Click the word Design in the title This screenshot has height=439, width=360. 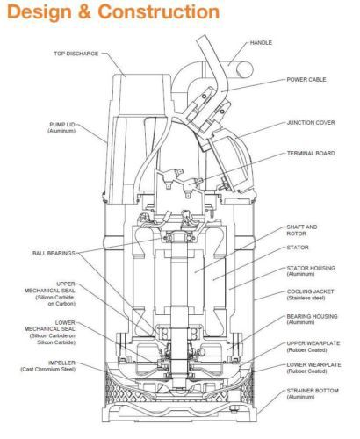click(40, 12)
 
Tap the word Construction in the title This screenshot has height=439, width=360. click(159, 12)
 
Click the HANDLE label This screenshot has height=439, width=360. click(261, 43)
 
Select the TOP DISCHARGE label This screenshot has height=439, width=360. click(76, 54)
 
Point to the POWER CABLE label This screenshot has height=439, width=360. click(306, 80)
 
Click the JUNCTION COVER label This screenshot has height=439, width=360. click(311, 123)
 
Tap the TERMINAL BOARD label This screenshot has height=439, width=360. click(311, 154)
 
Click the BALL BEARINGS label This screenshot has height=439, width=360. click(54, 253)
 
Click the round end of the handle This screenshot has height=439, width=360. click(244, 70)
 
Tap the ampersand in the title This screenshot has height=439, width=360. click(85, 12)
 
